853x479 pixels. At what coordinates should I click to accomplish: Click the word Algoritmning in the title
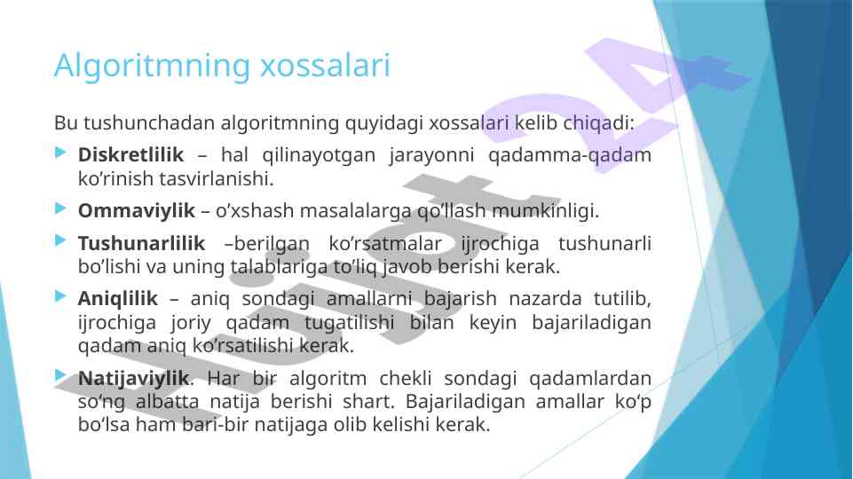tap(152, 67)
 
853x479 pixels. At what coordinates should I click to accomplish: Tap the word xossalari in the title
tap(326, 66)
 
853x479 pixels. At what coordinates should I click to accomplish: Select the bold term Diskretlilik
tap(130, 154)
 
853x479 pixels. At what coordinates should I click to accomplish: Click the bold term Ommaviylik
tap(136, 210)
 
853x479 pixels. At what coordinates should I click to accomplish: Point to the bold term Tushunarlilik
tap(141, 243)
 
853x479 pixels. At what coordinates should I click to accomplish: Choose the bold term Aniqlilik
tap(117, 299)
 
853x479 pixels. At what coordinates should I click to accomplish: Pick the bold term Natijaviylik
tap(134, 378)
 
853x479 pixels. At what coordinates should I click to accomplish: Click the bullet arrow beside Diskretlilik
tap(61, 153)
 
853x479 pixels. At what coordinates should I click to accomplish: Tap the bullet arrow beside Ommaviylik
tap(61, 208)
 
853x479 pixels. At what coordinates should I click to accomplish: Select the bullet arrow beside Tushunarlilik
tap(61, 240)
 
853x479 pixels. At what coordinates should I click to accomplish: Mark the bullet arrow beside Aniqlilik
tap(61, 296)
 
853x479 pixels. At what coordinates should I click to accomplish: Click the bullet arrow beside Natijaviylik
tap(61, 375)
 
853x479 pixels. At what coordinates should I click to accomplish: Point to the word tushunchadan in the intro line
tap(150, 123)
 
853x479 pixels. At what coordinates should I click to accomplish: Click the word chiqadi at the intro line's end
tap(596, 123)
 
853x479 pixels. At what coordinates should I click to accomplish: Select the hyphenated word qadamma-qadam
tap(570, 155)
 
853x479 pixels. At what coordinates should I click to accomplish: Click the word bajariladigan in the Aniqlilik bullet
tap(591, 322)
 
